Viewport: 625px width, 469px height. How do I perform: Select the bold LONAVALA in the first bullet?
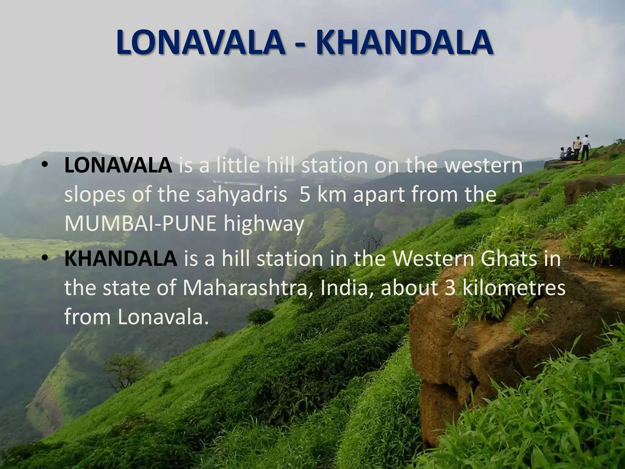118,165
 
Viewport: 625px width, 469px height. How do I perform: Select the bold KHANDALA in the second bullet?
121,259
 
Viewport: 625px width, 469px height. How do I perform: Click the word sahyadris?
241,195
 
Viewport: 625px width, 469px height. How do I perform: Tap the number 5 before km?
304,195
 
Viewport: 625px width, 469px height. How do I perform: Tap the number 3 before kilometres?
450,288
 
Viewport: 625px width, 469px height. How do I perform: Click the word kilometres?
514,288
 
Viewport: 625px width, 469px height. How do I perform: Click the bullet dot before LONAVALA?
45,165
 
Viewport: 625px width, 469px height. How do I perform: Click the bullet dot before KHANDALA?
45,259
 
